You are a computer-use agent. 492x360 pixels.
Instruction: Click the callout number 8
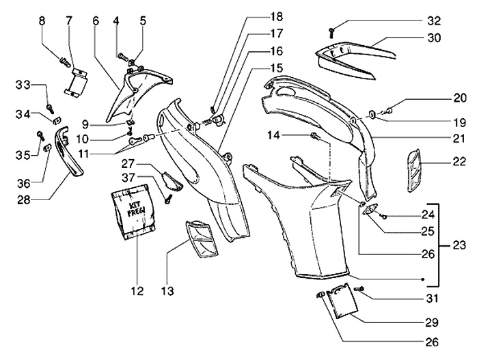click(x=42, y=21)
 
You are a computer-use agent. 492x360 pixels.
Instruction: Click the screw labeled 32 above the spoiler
click(x=331, y=29)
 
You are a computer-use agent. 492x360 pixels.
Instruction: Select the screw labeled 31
click(x=361, y=290)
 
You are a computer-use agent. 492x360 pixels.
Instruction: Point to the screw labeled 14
click(x=316, y=138)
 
